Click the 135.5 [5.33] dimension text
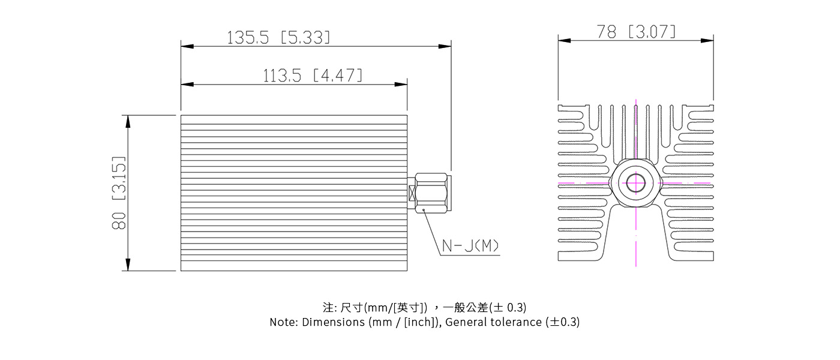(278, 38)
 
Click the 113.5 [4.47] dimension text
(313, 76)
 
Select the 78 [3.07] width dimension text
(636, 32)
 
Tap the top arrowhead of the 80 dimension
(127, 121)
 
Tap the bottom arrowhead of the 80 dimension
(127, 265)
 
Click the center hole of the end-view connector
(635, 182)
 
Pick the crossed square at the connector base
(412, 193)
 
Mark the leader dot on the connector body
(423, 209)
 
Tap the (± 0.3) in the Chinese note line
(508, 308)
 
